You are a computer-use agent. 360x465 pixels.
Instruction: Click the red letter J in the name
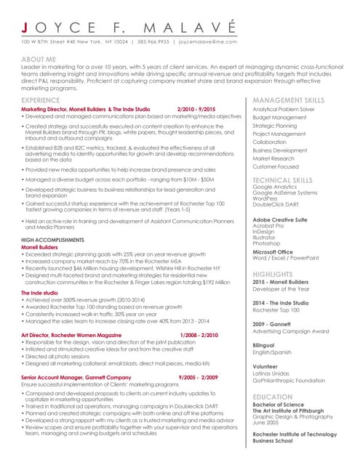point(25,27)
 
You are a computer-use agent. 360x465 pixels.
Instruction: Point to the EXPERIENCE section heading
point(41,99)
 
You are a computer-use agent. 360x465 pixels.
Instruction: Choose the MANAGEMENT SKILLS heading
point(288,99)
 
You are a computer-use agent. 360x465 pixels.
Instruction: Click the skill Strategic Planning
point(274,126)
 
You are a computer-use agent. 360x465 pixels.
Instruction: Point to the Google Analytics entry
point(274,187)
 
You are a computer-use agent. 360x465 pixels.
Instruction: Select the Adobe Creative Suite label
point(279,219)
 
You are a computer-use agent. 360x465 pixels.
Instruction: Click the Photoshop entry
point(266,243)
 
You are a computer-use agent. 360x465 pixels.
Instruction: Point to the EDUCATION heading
point(273,397)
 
